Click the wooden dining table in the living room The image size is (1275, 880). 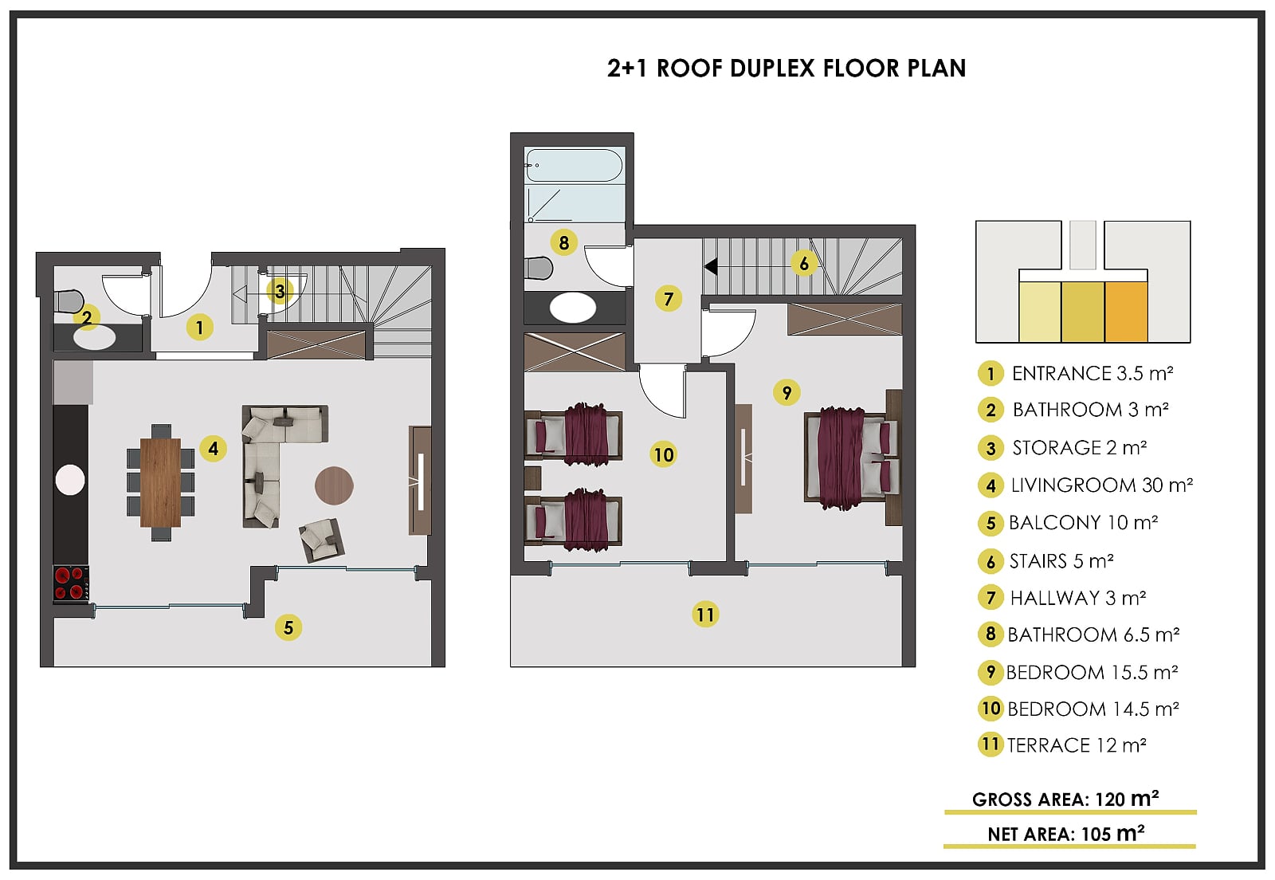tap(160, 482)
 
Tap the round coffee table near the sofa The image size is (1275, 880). tap(334, 485)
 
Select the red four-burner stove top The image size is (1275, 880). tap(71, 583)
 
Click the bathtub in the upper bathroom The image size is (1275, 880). tap(574, 166)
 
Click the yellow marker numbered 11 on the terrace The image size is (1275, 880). tap(705, 615)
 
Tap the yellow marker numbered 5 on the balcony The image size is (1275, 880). tap(288, 627)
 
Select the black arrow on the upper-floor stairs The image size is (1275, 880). tap(710, 265)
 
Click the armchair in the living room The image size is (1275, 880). tap(322, 540)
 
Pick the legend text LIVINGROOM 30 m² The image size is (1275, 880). tap(1101, 485)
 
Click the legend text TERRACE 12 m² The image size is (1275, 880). tap(1077, 745)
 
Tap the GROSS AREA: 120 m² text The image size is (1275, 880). tap(1065, 799)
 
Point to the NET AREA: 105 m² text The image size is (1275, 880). tap(1065, 833)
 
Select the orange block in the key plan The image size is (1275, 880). tap(1126, 312)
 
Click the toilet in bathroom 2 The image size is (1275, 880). tap(69, 301)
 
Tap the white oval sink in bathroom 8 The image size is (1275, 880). tap(573, 308)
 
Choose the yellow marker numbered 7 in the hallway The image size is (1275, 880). tap(669, 298)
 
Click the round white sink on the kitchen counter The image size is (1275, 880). tap(70, 479)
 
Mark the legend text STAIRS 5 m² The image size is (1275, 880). tap(1061, 561)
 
